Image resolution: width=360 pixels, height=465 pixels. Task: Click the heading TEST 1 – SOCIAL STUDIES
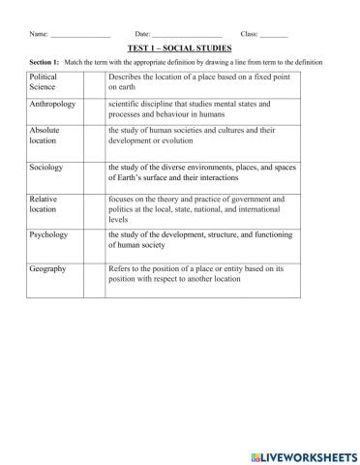179,46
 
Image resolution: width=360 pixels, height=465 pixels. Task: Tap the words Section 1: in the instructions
45,62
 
